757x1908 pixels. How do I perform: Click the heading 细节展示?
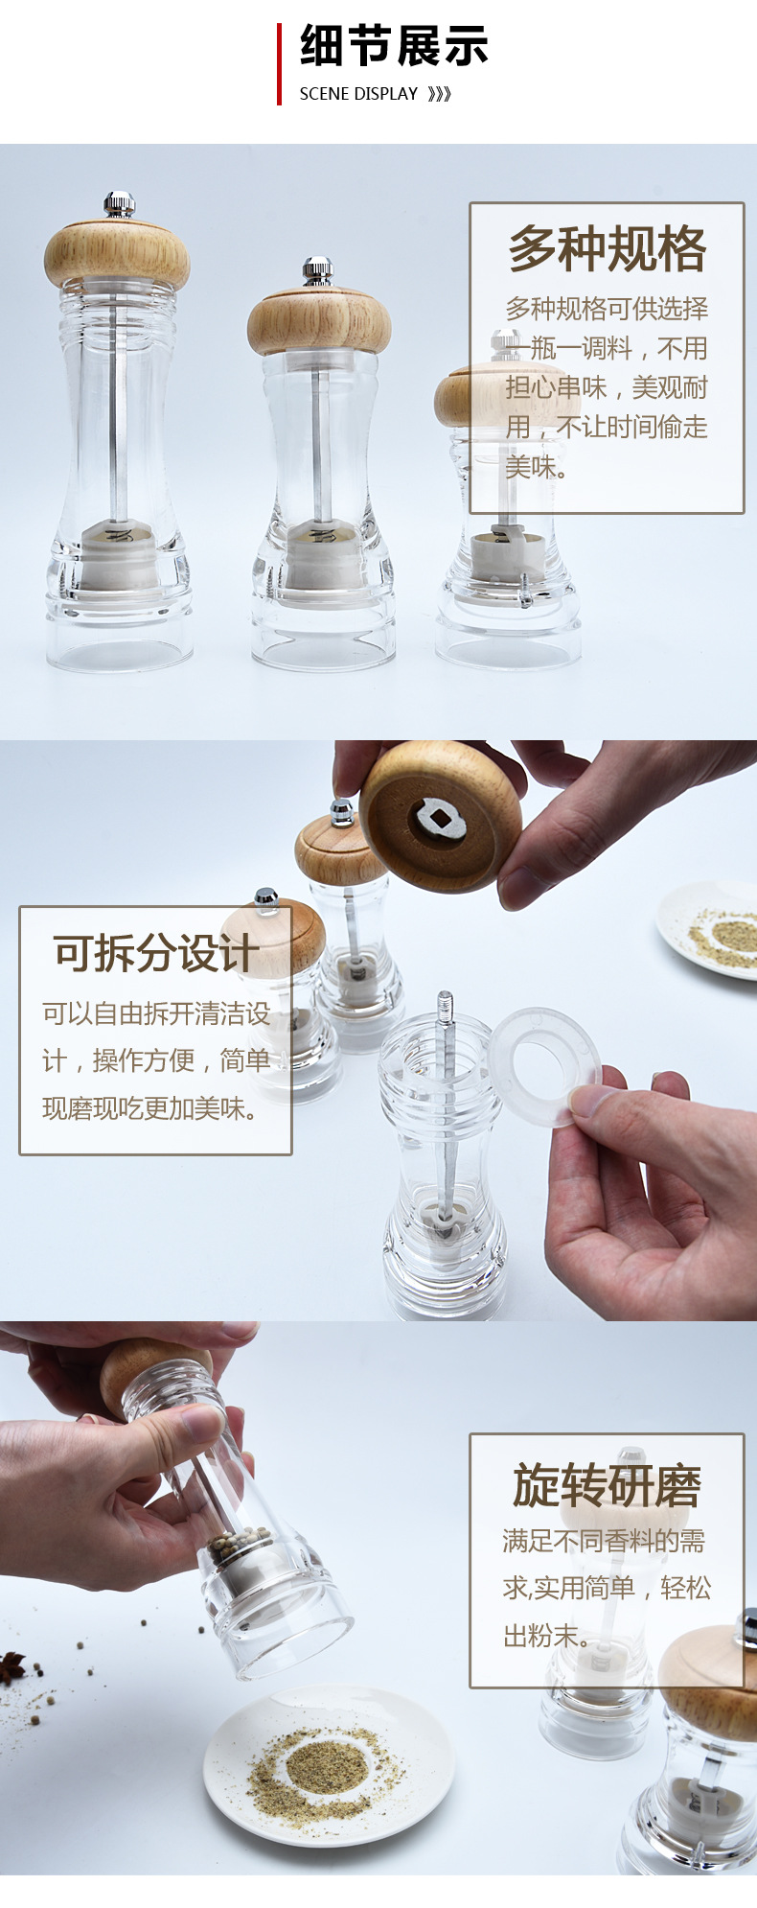[394, 46]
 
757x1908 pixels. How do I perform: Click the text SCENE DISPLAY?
[358, 94]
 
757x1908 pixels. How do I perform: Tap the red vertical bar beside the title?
[279, 63]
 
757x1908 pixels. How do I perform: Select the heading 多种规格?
[607, 249]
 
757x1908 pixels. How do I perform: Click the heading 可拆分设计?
[155, 953]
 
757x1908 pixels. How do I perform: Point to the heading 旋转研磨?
[607, 1486]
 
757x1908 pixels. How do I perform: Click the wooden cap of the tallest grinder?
[117, 253]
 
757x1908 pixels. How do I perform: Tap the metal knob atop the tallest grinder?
[119, 203]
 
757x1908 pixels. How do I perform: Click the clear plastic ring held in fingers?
[543, 1064]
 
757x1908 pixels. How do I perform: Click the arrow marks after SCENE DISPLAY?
[439, 94]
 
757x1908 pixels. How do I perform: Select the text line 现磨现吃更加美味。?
[150, 1108]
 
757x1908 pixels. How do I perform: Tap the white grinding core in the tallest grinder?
[115, 556]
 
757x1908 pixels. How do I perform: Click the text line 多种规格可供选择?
[607, 309]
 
